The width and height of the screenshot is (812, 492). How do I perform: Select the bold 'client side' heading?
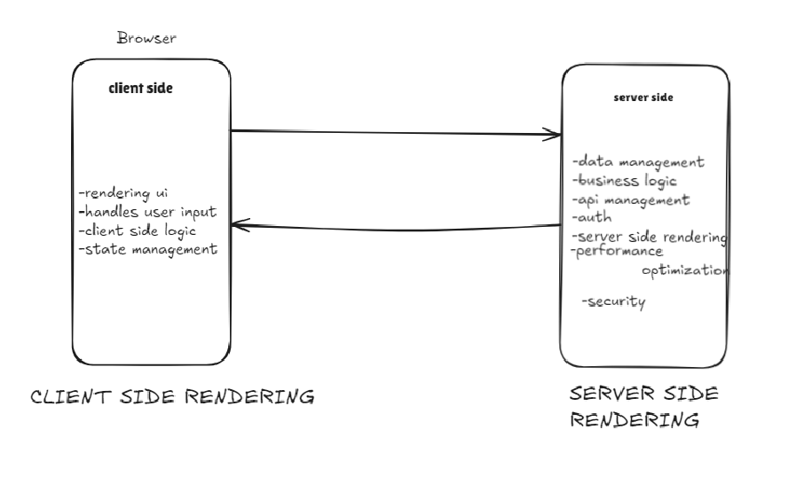[140, 88]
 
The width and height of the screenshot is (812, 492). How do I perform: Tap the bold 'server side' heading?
[643, 98]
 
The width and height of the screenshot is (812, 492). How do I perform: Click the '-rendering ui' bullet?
[123, 194]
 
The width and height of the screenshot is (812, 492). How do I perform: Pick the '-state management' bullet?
[147, 249]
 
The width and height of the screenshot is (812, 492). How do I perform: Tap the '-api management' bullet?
[631, 199]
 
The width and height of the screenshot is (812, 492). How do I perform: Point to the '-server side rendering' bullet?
[650, 237]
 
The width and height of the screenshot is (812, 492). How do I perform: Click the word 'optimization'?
[684, 270]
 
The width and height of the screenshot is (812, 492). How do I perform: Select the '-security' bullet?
[613, 302]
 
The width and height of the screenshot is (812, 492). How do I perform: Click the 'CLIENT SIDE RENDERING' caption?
[172, 397]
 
